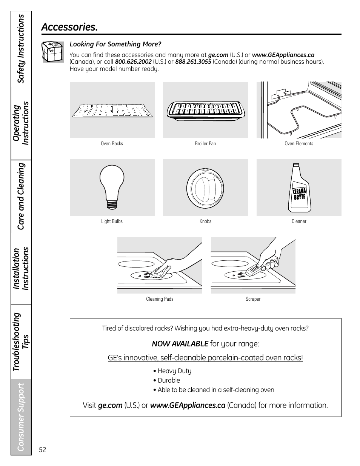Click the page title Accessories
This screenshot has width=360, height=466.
69,27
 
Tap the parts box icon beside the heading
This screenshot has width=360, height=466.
53,52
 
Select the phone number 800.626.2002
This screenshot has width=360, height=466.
133,62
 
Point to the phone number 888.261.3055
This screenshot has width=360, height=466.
193,62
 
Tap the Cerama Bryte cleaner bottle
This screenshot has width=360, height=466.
299,188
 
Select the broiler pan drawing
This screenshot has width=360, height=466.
205,111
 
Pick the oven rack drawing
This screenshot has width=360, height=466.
112,110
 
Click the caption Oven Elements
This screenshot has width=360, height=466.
299,144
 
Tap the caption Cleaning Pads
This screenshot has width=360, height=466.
160,299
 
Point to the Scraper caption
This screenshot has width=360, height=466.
253,299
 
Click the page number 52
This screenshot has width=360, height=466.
43,450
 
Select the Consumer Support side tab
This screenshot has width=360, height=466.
21,417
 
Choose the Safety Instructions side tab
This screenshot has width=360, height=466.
21,49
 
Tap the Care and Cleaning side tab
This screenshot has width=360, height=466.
21,196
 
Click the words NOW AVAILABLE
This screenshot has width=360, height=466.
180,344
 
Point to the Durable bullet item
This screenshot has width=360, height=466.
169,380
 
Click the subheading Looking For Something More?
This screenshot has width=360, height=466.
115,45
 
